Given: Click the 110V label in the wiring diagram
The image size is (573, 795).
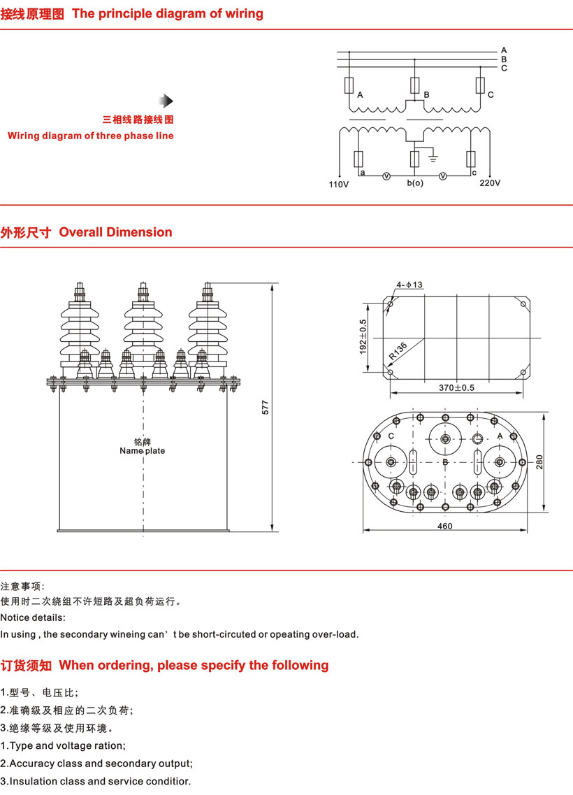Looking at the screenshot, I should (338, 185).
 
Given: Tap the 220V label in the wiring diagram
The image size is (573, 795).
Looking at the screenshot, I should (490, 184).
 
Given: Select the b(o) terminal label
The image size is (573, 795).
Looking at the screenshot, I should (415, 184).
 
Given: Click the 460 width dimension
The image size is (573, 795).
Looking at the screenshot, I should (445, 527).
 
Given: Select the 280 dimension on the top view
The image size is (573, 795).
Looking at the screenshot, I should (540, 462).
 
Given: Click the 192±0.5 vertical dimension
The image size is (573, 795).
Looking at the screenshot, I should (363, 336).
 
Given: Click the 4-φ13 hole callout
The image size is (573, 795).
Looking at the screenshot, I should (409, 285).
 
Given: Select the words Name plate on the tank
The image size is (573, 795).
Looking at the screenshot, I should (143, 451).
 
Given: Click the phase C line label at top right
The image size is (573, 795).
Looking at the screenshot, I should (504, 68).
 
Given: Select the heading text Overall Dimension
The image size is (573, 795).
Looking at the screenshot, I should (115, 232).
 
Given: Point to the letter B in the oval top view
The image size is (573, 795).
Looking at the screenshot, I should (445, 462).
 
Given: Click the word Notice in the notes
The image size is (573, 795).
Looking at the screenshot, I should (15, 617).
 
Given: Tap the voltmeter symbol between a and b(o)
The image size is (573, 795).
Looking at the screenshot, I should (385, 176).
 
